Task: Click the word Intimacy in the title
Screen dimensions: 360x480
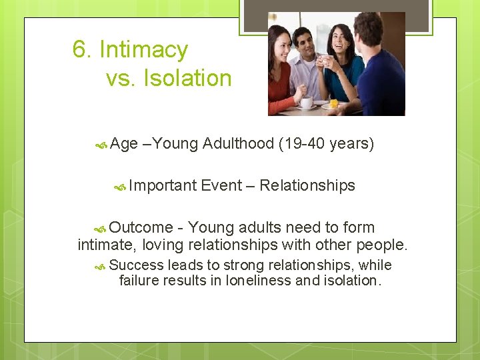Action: click(x=143, y=50)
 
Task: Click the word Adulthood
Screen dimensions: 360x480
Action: click(x=238, y=143)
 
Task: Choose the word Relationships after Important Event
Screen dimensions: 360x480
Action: click(x=307, y=185)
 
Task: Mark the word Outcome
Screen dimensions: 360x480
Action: click(x=141, y=227)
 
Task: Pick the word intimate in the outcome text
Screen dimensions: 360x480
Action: click(x=103, y=245)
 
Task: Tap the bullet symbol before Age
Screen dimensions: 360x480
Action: click(x=101, y=144)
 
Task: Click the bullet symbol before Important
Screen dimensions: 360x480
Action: click(x=120, y=186)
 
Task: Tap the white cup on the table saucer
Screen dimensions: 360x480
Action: click(x=306, y=103)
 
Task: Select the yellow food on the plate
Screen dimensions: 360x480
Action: click(x=333, y=103)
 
